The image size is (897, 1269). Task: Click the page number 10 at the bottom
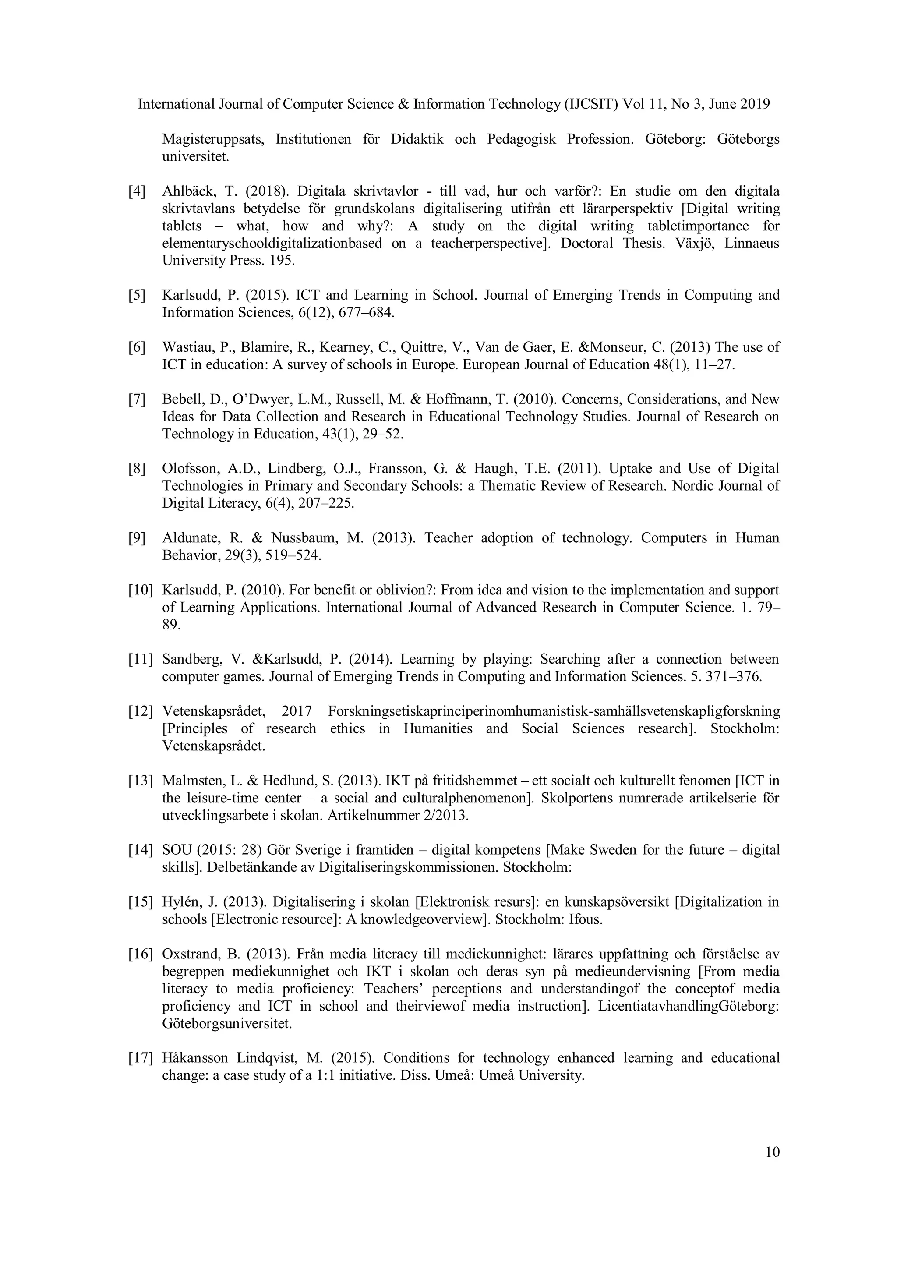tap(772, 1152)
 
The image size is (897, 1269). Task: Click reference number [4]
tap(137, 192)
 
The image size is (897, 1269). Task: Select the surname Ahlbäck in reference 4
tap(188, 192)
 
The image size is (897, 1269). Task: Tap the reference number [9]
tap(137, 538)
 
